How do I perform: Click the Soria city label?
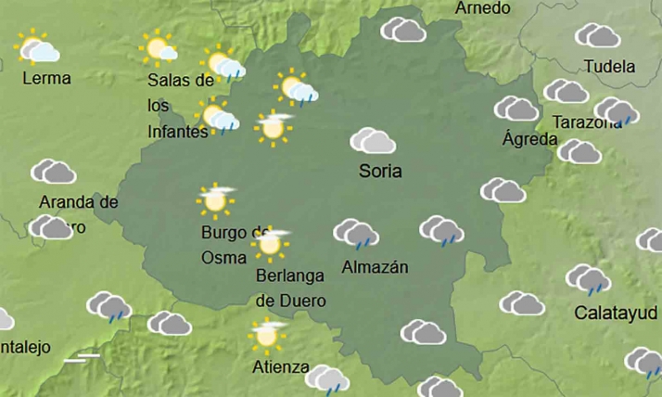(x=380, y=172)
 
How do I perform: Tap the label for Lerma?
(x=46, y=78)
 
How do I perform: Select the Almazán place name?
(x=375, y=267)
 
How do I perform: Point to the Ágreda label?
(x=529, y=139)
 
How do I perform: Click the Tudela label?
(x=609, y=67)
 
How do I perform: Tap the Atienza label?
(x=281, y=366)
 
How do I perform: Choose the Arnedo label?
(x=483, y=8)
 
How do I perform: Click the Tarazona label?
(x=586, y=122)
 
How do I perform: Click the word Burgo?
(x=224, y=232)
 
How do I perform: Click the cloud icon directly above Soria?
(x=373, y=141)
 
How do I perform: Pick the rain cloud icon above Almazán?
(x=355, y=233)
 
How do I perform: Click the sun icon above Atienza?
(x=268, y=334)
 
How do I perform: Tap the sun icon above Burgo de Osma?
(x=216, y=198)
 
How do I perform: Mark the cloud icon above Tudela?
(x=597, y=35)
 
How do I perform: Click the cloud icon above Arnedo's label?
(x=403, y=30)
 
